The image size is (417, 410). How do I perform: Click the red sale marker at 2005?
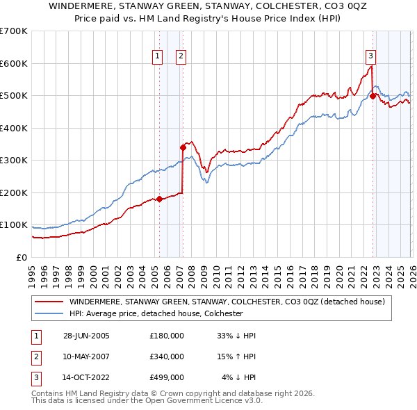(159, 199)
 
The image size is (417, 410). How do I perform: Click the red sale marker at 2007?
(183, 147)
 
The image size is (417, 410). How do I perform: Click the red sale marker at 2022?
(373, 96)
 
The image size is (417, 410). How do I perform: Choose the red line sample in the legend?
(50, 302)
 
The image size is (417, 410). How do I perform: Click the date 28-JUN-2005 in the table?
(86, 336)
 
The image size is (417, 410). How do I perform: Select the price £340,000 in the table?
(167, 356)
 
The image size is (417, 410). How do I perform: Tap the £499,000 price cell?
(167, 378)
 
